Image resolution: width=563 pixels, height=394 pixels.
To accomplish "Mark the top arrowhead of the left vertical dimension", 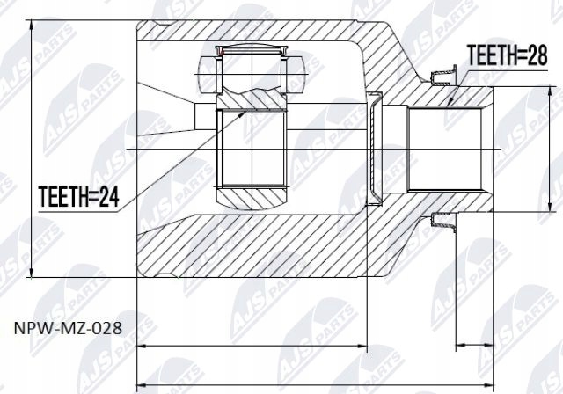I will pos(33,20).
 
